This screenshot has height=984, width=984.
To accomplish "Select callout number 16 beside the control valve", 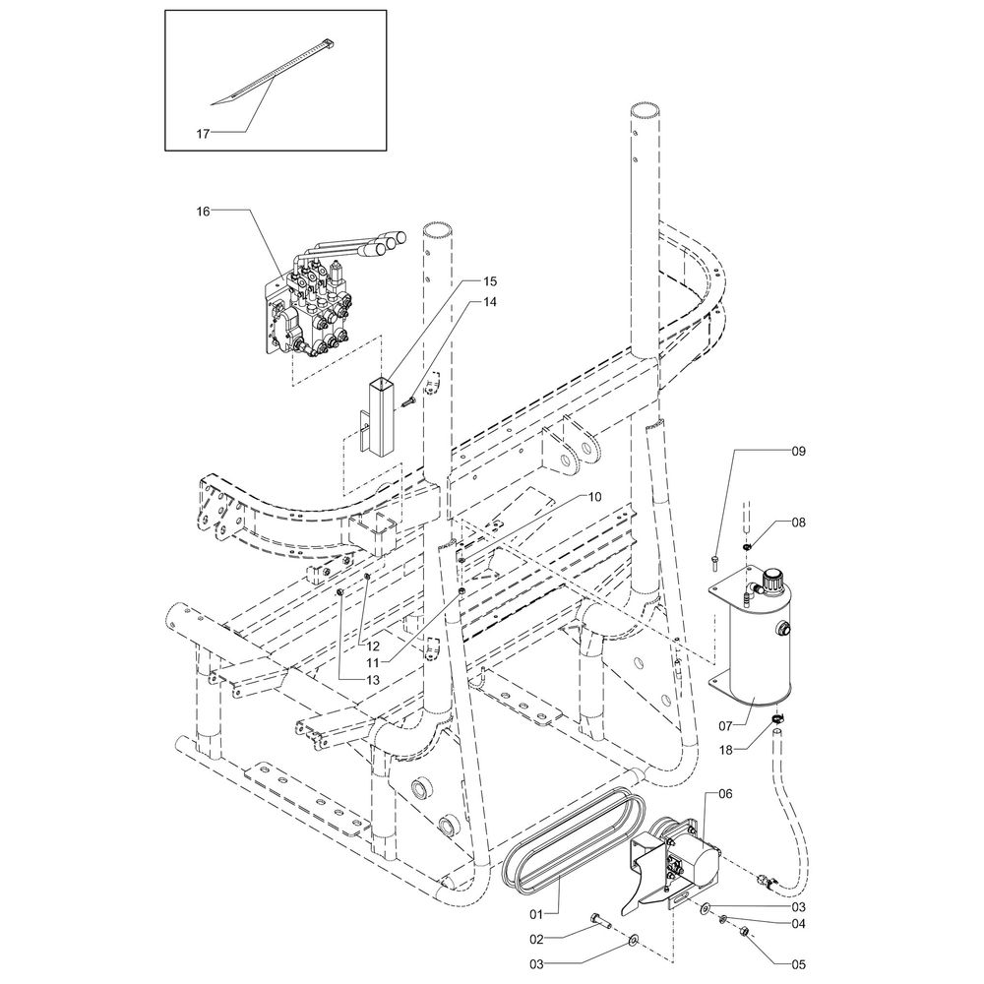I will click(204, 211).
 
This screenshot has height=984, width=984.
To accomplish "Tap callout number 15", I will click(489, 281).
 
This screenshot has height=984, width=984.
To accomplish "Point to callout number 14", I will click(489, 303).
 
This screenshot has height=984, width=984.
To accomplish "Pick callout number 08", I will click(798, 523).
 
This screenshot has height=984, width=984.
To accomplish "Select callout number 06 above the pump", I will click(725, 792).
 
